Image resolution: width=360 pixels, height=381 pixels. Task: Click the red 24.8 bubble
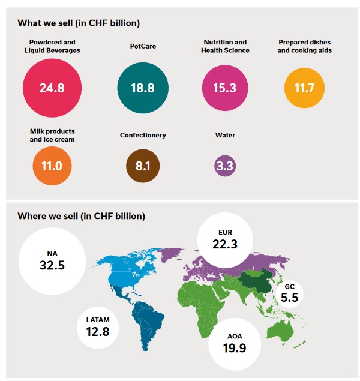pyautogui.click(x=52, y=88)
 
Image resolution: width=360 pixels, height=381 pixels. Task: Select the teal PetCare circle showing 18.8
pyautogui.click(x=142, y=88)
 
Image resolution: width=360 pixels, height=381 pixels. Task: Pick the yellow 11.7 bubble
pyautogui.click(x=304, y=88)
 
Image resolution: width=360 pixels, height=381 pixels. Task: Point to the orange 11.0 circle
pyautogui.click(x=52, y=164)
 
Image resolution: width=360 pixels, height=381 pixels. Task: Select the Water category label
pyautogui.click(x=225, y=135)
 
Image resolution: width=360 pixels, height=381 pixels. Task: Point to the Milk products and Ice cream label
pyautogui.click(x=52, y=134)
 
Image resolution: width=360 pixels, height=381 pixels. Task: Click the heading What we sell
pyautogui.click(x=79, y=23)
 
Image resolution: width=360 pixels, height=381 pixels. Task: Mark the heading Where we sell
pyautogui.click(x=81, y=215)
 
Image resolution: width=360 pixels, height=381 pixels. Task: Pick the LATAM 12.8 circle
pyautogui.click(x=98, y=325)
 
